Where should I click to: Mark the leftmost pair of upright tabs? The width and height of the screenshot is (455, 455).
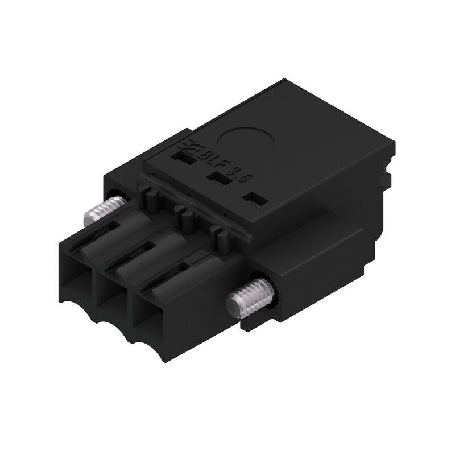(x=149, y=197)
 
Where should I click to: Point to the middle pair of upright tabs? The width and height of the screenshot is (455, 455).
(x=184, y=214)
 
